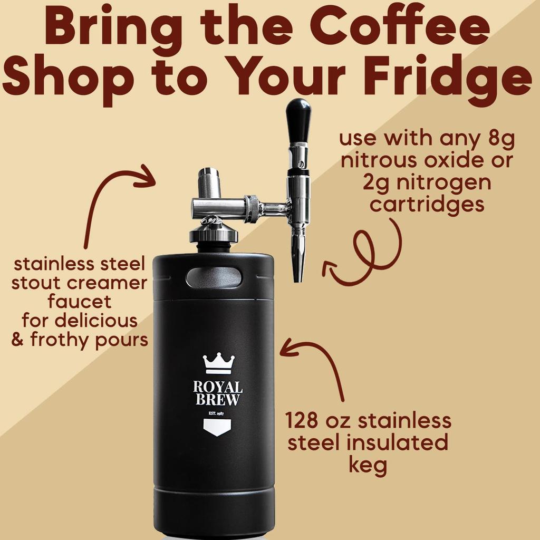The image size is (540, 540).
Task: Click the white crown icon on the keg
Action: coord(218,363)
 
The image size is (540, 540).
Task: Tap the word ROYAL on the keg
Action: coord(218,388)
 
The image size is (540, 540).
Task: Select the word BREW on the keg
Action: coord(218,401)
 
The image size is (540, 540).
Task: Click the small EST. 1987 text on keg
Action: coord(218,412)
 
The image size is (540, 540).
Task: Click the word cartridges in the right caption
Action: coord(427,204)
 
